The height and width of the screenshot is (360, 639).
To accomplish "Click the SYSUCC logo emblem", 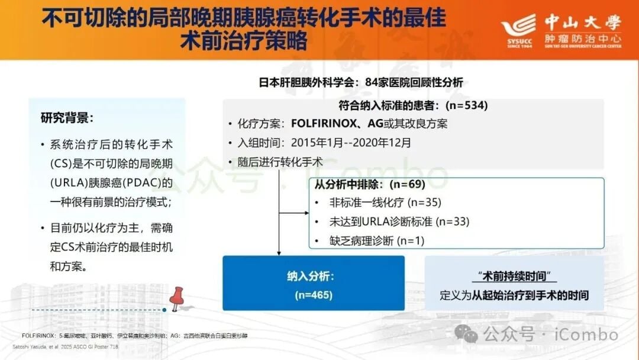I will tap(518, 28).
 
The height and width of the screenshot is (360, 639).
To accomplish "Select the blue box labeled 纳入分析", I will tap(314, 283).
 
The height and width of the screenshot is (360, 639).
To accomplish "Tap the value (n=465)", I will tap(314, 295).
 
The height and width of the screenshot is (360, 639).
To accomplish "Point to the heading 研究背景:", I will tap(67, 117).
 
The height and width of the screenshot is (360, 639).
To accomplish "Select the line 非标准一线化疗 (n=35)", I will tap(386, 202).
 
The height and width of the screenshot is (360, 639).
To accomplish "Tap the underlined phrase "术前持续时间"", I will tap(515, 277).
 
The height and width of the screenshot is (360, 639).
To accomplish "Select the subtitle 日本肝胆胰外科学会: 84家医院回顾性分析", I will tap(361, 83).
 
